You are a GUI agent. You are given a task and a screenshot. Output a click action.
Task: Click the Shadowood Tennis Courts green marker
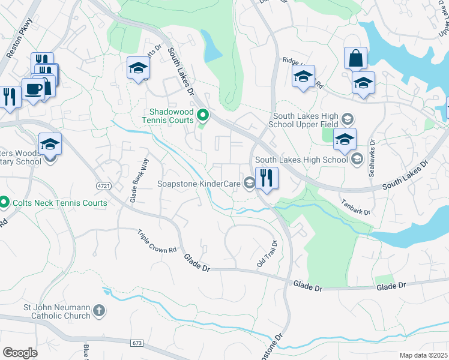coord(203,114)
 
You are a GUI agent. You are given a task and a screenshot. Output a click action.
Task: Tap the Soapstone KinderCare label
coord(199,184)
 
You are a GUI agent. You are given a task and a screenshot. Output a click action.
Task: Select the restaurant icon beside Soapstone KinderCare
coord(265,178)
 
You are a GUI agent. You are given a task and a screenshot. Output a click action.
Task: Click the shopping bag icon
coord(355,59)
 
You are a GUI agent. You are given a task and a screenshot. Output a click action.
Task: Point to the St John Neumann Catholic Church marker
coord(99,311)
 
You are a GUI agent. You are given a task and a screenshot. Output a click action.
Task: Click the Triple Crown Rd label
coord(157,241)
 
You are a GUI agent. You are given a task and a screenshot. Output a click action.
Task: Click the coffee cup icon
coord(33,89)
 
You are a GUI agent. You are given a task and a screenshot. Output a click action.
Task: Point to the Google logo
coord(20,352)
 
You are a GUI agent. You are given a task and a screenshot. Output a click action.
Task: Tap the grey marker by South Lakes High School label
coord(357,159)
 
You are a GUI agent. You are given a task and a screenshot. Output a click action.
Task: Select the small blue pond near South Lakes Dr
coord(212,46)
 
